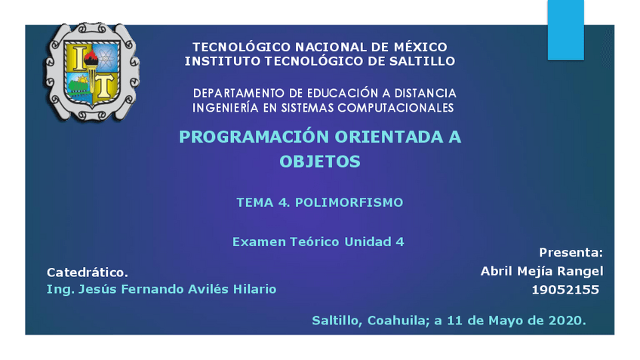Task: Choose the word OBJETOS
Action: click(320, 162)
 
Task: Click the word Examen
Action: click(258, 242)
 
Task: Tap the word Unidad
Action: click(367, 242)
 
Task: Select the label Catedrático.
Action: click(88, 272)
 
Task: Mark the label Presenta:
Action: click(571, 252)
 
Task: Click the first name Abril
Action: click(497, 271)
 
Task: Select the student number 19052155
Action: click(565, 290)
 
